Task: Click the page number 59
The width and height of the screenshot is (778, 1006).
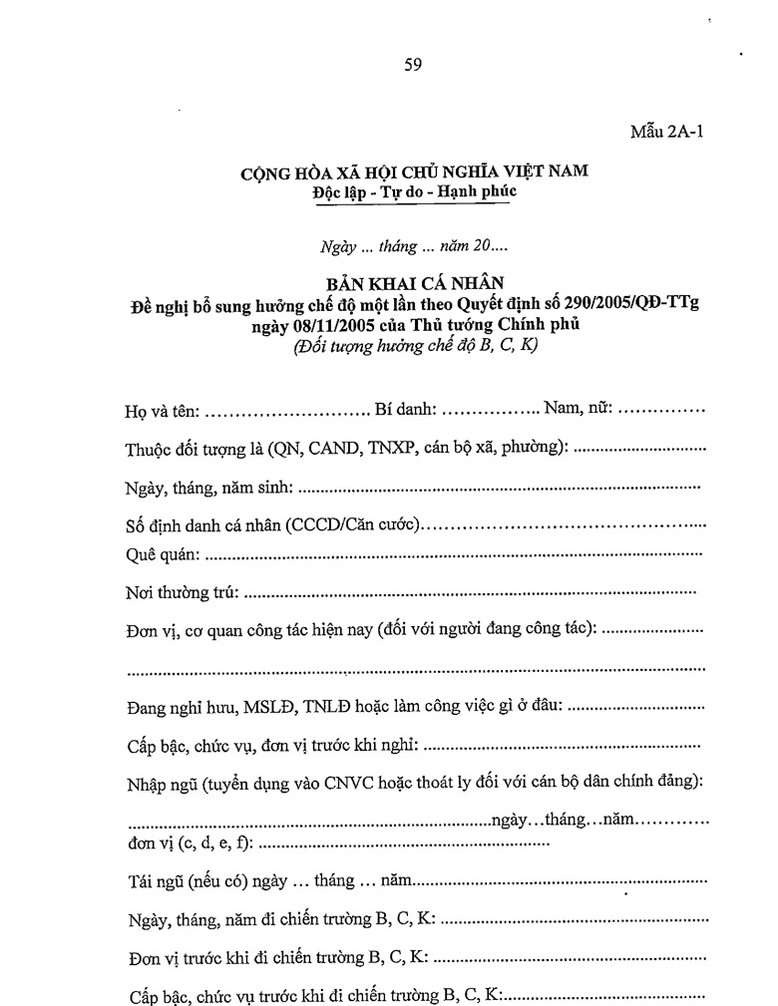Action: pyautogui.click(x=413, y=66)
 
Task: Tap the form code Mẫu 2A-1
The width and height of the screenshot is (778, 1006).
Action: pyautogui.click(x=666, y=133)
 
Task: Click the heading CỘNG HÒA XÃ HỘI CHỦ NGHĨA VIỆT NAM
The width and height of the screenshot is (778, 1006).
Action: pyautogui.click(x=414, y=171)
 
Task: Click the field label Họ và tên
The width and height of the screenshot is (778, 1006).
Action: pyautogui.click(x=162, y=410)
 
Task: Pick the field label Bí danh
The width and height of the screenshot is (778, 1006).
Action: pyautogui.click(x=405, y=410)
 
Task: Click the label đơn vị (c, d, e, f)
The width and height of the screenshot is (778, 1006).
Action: pyautogui.click(x=190, y=843)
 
